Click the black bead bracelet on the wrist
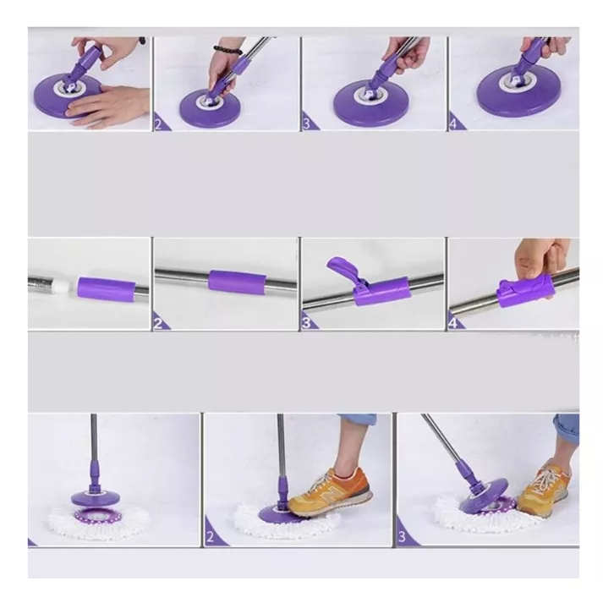(227, 51)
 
